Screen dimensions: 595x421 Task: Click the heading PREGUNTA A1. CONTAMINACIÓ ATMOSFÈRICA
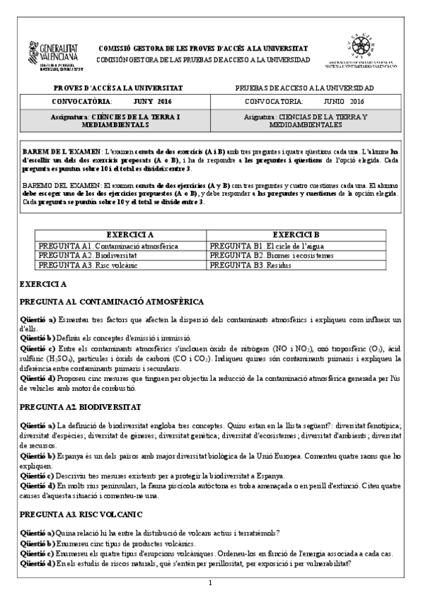click(x=112, y=302)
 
